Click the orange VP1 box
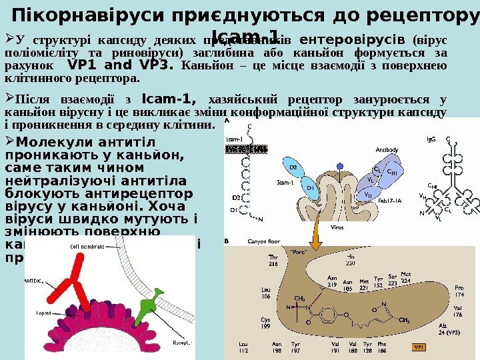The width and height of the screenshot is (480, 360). [418, 347]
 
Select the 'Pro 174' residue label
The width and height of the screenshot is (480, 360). [459, 291]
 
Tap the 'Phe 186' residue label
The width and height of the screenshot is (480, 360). [382, 347]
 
